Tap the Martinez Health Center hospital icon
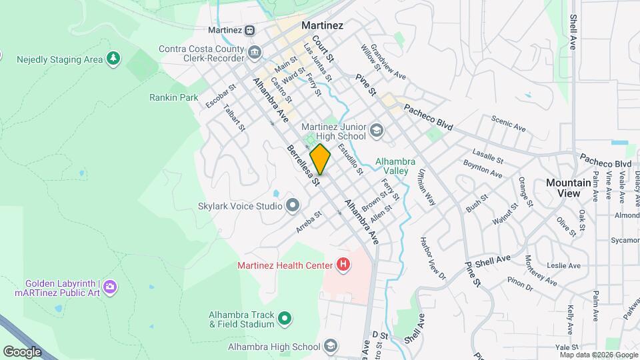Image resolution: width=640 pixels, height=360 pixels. [343, 265]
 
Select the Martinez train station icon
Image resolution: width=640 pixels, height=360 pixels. [249, 29]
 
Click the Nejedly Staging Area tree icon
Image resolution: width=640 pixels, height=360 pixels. [114, 59]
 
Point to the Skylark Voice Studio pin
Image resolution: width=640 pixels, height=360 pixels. [292, 205]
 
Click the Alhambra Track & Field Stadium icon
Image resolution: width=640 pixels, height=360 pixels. [285, 318]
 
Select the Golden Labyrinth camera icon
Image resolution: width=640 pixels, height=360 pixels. [111, 287]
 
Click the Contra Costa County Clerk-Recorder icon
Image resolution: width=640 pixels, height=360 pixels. [255, 52]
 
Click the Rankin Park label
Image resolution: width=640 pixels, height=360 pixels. [174, 97]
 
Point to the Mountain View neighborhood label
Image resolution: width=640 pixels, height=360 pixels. [568, 187]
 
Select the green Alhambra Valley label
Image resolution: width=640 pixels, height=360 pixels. [395, 166]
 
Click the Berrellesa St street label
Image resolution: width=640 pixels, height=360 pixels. [304, 165]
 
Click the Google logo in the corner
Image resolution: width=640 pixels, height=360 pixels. [22, 352]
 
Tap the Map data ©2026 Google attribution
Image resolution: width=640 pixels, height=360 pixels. [597, 355]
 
